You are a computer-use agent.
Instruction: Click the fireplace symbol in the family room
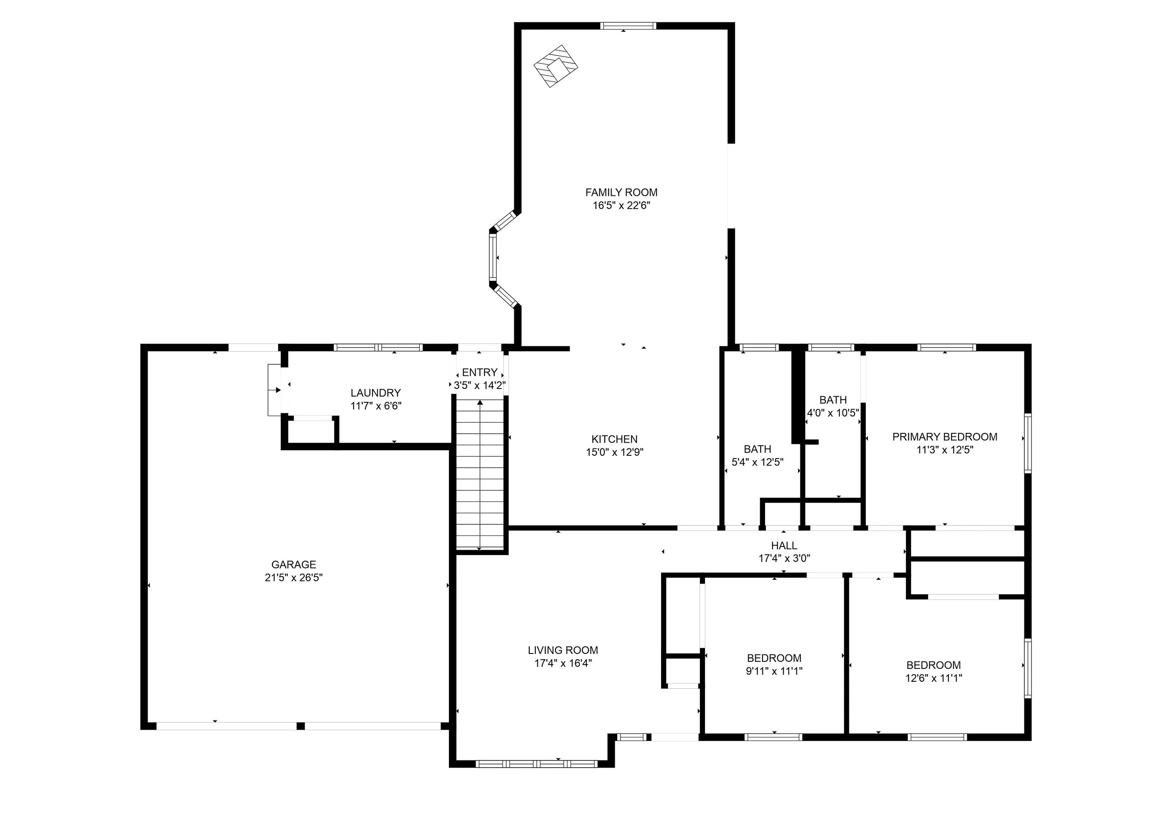[556, 66]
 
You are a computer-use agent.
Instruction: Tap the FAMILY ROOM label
[621, 192]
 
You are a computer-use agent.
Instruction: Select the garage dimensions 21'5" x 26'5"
[293, 577]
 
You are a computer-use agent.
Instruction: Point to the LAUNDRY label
[375, 393]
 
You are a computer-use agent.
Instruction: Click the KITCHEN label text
[614, 439]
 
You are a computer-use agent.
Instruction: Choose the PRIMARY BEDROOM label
[944, 437]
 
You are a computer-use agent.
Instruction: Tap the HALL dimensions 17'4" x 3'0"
[784, 558]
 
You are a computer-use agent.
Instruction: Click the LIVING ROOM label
[563, 650]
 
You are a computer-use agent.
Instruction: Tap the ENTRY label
[479, 372]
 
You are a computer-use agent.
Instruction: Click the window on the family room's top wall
[628, 26]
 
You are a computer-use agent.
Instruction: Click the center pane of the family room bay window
[493, 257]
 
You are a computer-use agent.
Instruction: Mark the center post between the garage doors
[301, 726]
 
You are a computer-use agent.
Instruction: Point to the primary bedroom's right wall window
[1027, 443]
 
